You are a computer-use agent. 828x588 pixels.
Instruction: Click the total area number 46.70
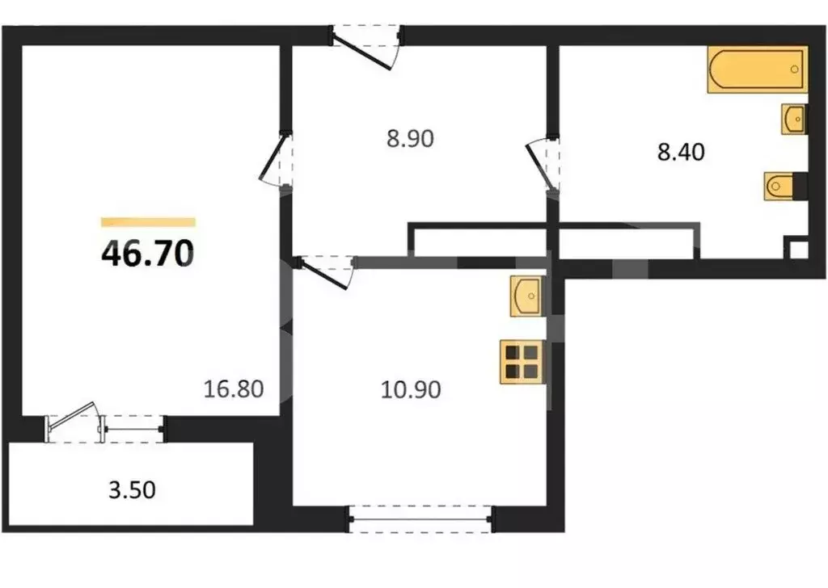click(147, 254)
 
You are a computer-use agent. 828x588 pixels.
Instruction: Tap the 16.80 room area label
click(234, 390)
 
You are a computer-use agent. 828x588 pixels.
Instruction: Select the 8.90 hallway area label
click(411, 139)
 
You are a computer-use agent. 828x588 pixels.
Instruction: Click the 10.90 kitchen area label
click(411, 390)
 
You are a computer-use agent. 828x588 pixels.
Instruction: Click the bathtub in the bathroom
click(757, 70)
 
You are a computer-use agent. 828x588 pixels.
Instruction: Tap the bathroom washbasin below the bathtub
click(793, 120)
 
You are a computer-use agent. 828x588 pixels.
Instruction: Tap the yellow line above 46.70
click(148, 222)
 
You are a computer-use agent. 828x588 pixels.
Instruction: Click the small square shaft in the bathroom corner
click(796, 248)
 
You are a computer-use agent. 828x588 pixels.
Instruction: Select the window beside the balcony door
click(133, 426)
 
